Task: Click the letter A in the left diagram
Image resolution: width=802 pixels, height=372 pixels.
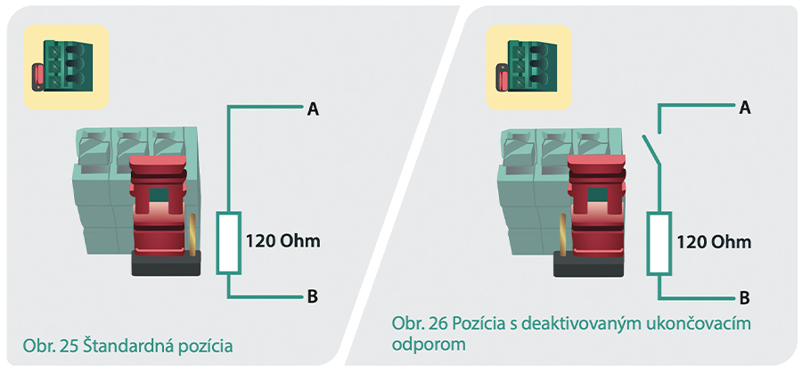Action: (313, 109)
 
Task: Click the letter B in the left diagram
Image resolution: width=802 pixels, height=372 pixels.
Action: (313, 297)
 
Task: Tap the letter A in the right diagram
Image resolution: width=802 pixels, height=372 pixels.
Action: (745, 108)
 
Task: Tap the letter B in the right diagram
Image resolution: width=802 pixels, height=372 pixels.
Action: (745, 298)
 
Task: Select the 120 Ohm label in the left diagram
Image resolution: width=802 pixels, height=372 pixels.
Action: (282, 241)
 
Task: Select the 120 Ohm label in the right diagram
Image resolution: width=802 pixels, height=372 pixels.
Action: (714, 242)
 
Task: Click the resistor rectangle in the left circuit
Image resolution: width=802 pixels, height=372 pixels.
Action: (228, 243)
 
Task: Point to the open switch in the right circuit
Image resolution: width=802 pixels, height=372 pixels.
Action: (651, 150)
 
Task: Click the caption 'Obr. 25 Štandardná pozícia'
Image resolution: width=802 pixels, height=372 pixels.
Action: (127, 346)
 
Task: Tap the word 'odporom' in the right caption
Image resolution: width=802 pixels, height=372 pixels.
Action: (430, 344)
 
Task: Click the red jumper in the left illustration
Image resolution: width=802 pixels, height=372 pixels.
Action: (158, 205)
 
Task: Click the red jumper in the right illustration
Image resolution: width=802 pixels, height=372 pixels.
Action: (596, 205)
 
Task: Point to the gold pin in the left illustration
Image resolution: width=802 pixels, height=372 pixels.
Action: (193, 235)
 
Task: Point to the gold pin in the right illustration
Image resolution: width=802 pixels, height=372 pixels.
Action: (563, 235)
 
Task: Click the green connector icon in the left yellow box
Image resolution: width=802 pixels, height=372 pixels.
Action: (62, 66)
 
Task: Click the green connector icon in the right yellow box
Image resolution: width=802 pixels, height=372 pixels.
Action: (524, 66)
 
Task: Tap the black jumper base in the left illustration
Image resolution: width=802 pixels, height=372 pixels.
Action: (166, 263)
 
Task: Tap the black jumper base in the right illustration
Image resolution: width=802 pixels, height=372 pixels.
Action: (589, 264)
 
